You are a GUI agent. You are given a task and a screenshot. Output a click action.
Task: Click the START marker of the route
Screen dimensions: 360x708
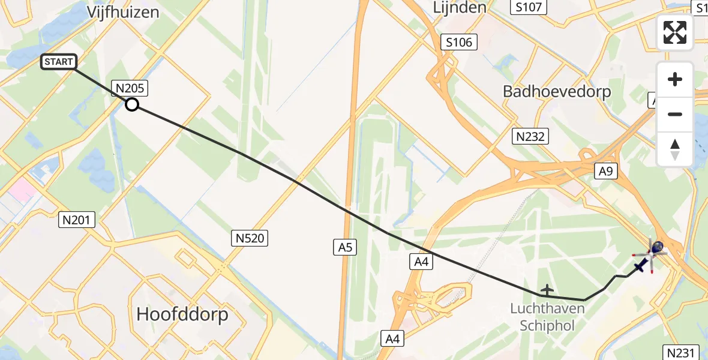click(58, 61)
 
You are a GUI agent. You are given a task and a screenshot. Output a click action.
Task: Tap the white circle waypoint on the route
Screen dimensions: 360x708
click(132, 105)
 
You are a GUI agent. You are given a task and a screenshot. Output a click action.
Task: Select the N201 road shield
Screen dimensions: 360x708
click(77, 220)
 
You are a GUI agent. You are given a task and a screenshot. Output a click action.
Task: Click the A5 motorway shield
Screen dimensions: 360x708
click(344, 246)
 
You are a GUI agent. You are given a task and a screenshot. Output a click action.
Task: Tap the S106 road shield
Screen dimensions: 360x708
click(459, 42)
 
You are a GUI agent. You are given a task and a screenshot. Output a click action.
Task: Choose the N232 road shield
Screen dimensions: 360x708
click(530, 137)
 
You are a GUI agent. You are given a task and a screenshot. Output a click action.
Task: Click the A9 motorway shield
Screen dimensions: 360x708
click(605, 172)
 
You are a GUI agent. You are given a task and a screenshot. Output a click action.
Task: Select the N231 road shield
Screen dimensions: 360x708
click(681, 352)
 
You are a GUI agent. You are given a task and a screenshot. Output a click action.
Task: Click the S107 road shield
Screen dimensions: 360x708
click(529, 7)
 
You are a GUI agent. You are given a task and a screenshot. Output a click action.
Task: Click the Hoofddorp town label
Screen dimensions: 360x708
click(182, 314)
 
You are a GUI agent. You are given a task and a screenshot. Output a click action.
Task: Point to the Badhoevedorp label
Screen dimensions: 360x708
click(557, 92)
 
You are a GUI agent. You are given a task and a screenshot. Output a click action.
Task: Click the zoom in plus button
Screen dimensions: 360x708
click(675, 79)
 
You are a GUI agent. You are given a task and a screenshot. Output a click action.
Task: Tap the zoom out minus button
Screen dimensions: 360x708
click(675, 114)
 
